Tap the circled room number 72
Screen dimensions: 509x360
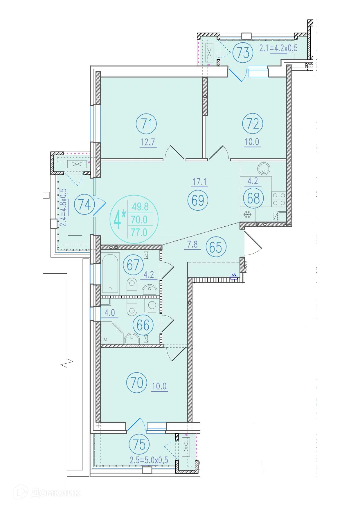(253, 124)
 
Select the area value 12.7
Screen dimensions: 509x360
(148, 142)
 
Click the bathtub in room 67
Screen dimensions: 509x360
(110, 272)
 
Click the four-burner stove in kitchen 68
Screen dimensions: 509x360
(278, 199)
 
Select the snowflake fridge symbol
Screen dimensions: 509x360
(247, 215)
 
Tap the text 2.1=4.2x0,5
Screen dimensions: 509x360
(278, 48)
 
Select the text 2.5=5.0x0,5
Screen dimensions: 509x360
(149, 461)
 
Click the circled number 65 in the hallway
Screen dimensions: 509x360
(216, 247)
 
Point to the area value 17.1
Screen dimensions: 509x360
(199, 182)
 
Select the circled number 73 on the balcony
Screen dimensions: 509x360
(243, 53)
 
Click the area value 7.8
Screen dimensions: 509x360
(192, 245)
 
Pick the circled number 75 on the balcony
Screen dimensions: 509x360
(140, 444)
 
